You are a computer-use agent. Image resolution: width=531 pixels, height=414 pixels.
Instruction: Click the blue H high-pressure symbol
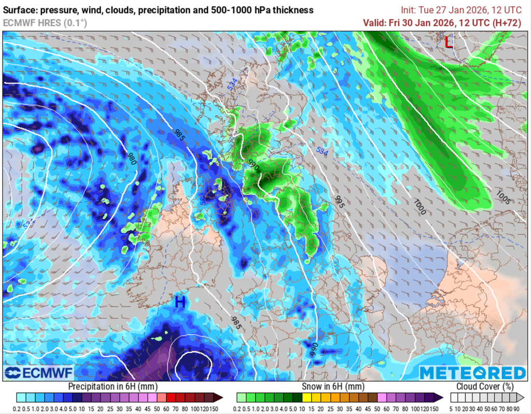[180, 302]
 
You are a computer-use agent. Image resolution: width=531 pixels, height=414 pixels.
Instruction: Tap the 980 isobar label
[132, 159]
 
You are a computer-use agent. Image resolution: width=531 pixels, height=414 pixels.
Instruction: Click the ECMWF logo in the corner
[39, 373]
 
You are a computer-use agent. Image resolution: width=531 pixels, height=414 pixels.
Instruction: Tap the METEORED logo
[472, 373]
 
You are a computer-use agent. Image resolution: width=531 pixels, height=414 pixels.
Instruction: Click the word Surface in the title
[21, 10]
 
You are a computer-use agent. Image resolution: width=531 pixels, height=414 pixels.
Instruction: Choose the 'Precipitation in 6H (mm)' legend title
[112, 387]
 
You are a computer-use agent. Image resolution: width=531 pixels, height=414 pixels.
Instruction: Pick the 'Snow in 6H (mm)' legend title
[332, 387]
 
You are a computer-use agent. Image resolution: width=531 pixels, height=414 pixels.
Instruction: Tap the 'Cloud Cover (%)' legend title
[485, 387]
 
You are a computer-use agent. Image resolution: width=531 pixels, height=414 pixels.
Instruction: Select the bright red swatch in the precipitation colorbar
[169, 397]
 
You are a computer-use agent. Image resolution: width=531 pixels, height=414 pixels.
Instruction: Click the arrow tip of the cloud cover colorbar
[521, 397]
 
